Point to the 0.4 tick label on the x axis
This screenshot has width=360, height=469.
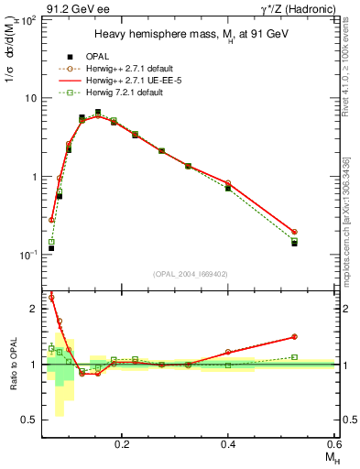click(228, 443)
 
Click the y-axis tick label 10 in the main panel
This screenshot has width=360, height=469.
click(29, 98)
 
